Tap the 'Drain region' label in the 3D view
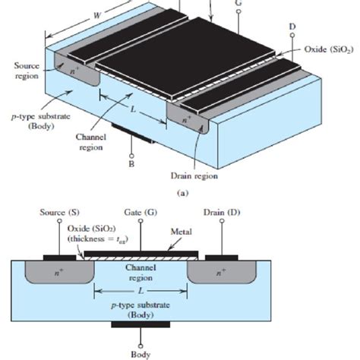(x=195, y=176)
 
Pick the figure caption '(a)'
(x=182, y=193)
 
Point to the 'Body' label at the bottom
(x=140, y=353)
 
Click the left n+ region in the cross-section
(x=49, y=272)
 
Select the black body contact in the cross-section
(x=140, y=325)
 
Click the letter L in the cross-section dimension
(x=140, y=291)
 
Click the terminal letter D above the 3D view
(x=291, y=28)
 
